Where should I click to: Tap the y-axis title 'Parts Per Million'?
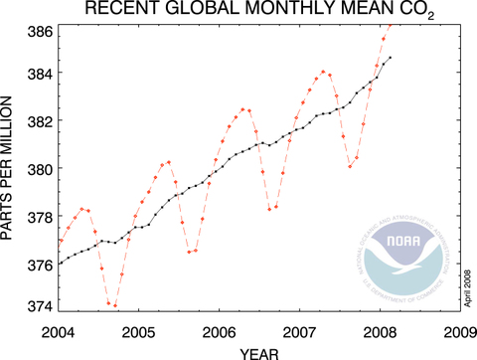[11, 167]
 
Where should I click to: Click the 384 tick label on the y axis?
[40, 74]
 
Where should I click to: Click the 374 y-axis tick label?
[40, 305]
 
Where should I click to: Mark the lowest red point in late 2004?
[115, 305]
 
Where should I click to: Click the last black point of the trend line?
[391, 58]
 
